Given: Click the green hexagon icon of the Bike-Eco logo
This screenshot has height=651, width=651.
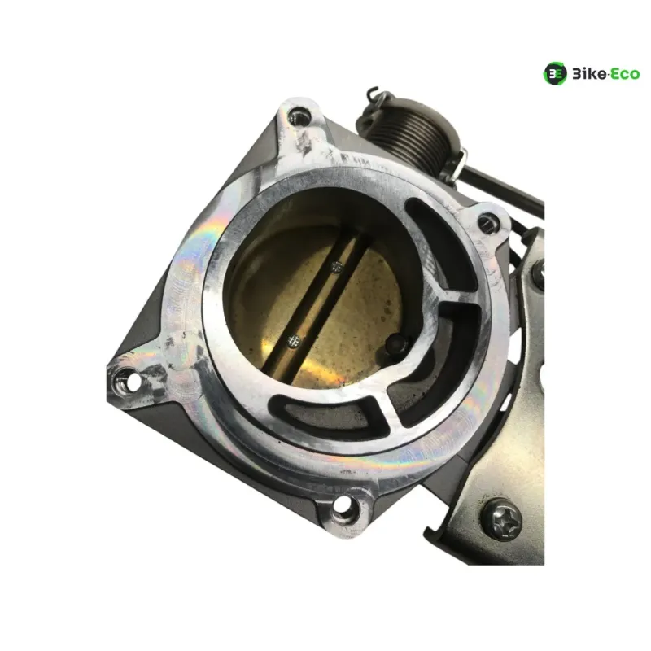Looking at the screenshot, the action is pyautogui.click(x=555, y=73).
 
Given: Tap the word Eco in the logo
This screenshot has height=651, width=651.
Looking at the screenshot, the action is pyautogui.click(x=625, y=74).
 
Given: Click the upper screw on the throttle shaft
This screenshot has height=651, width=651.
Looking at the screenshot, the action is pyautogui.click(x=338, y=267).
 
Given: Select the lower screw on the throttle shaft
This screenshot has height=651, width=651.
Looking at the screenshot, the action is pyautogui.click(x=294, y=340).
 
